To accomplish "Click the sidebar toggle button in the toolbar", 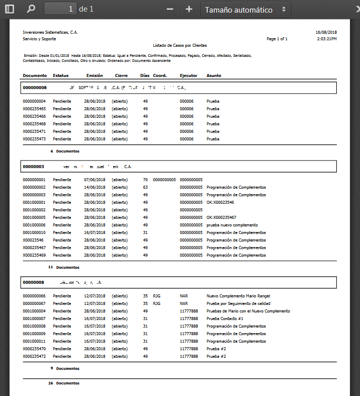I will pos(10,9).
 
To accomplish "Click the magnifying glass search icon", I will pos(31,9).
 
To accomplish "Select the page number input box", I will pos(60,9).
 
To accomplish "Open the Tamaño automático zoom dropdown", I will pos(246,10).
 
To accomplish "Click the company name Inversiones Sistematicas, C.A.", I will pos(50,32).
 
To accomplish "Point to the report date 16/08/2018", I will pos(326,32).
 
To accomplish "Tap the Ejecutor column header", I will pos(189,75).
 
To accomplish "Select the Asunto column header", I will pos(214,75).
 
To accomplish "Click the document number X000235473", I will pos(34,138).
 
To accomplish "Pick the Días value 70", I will pos(145,180).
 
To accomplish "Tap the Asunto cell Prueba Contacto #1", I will pos(225,319).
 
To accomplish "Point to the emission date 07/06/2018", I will pos(95,180).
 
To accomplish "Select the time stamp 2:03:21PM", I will pos(327,39).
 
